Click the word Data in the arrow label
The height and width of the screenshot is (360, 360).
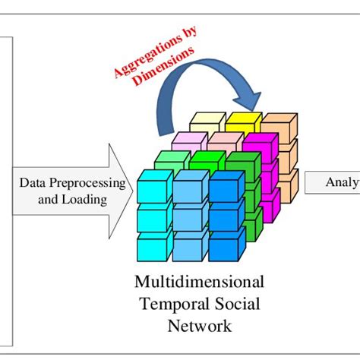pyautogui.click(x=33, y=183)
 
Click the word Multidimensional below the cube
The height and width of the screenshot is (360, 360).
pyautogui.click(x=200, y=283)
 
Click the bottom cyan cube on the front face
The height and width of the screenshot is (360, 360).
pyautogui.click(x=153, y=247)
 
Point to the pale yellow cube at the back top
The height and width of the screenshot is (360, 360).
pyautogui.click(x=205, y=121)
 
